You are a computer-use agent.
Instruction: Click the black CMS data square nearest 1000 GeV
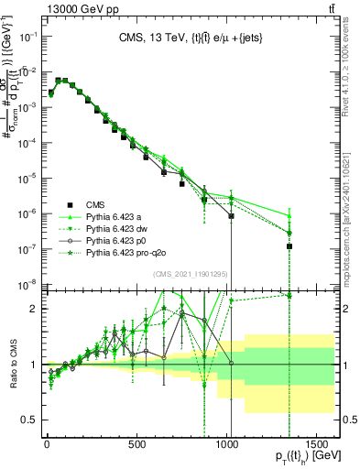pyautogui.click(x=231, y=217)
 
